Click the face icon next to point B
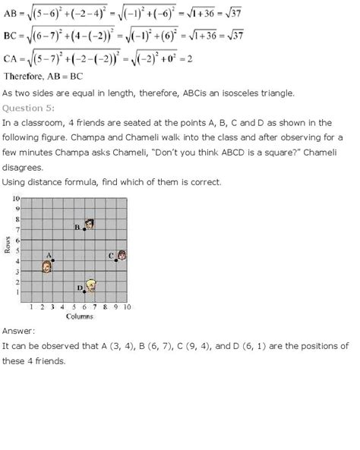(90, 225)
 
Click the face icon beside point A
(46, 267)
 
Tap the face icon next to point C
(122, 256)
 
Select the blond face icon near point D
(92, 285)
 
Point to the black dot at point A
(52, 260)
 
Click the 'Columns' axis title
(79, 316)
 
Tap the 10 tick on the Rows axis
(15, 198)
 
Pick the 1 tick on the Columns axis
(31, 307)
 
